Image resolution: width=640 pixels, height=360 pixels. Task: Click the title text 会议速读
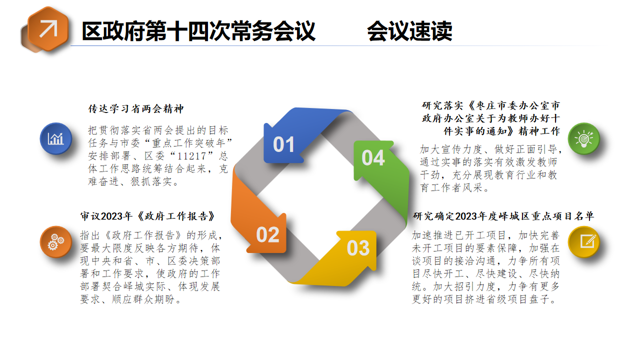[x=409, y=31]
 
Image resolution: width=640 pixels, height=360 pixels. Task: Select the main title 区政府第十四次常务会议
[x=198, y=31]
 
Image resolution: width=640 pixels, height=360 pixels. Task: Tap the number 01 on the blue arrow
[x=283, y=144]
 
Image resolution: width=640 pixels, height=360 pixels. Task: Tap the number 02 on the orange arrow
[x=267, y=235]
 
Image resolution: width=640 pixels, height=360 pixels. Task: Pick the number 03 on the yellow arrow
[x=358, y=248]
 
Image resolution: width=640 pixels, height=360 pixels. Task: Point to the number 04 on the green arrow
[x=373, y=157]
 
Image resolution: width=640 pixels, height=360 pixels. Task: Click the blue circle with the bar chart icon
[x=56, y=139]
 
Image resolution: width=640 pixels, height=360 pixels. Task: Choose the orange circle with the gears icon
[x=56, y=242]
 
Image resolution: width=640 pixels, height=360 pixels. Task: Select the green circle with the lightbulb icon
[x=583, y=139]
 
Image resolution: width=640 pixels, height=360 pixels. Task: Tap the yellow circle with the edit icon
[x=583, y=242]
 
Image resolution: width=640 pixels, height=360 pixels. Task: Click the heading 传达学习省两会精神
[x=136, y=109]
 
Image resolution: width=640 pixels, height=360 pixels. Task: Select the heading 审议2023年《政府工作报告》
[x=147, y=216]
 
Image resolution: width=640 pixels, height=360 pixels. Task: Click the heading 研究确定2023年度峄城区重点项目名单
[x=503, y=216]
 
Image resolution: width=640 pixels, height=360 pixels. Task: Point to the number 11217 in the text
[x=191, y=156]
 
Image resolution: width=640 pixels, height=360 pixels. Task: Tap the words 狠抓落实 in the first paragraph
[x=151, y=181]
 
